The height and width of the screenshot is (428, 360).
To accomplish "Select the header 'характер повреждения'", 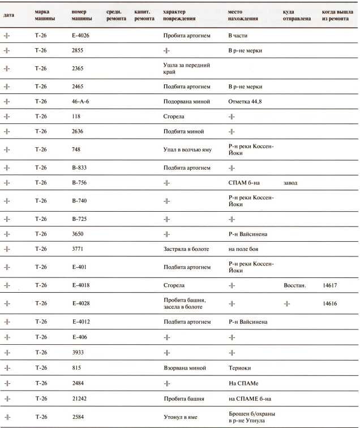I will [x=179, y=15].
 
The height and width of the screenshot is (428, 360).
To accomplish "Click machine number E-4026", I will [x=80, y=36].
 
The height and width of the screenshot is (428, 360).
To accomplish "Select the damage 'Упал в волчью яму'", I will [x=187, y=149].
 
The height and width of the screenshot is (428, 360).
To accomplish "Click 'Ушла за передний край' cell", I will [x=186, y=69].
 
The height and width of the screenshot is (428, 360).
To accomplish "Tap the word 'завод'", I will [x=290, y=183].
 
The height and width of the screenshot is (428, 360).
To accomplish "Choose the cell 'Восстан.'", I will [x=294, y=285].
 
